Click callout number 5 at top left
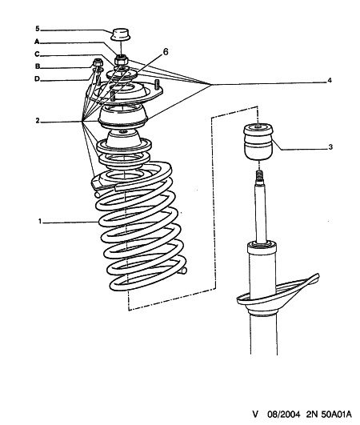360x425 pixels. (x=38, y=29)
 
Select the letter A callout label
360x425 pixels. (x=37, y=42)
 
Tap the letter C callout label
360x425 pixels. (x=37, y=54)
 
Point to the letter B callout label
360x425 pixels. (x=38, y=66)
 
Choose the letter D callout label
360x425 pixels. (x=37, y=79)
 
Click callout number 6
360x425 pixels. (x=166, y=51)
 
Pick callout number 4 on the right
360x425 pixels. (x=330, y=80)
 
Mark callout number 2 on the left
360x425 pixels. (x=38, y=121)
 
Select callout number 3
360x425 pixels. (x=330, y=147)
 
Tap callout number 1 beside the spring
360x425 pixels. (x=40, y=222)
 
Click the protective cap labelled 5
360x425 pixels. (x=121, y=34)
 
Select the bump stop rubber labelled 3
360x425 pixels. (x=258, y=142)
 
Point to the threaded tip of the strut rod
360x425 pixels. (x=259, y=176)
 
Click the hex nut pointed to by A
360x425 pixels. (x=121, y=59)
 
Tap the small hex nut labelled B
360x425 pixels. (x=98, y=62)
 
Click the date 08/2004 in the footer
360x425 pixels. (x=284, y=414)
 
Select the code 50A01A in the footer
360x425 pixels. (x=337, y=414)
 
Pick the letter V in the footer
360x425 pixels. (x=255, y=414)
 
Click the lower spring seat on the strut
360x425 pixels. (x=278, y=295)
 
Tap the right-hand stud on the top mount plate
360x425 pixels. (x=156, y=85)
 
